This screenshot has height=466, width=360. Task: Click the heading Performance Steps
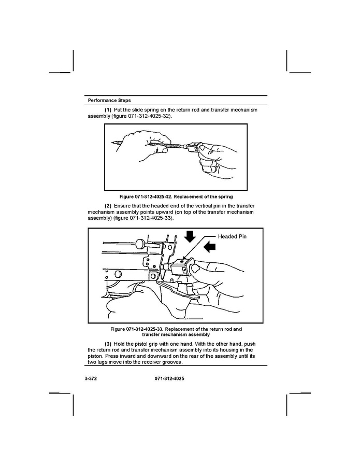click(x=109, y=100)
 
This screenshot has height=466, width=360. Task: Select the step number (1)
click(x=108, y=110)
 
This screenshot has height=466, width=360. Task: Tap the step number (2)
click(x=108, y=206)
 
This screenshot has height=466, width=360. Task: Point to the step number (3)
click(x=108, y=344)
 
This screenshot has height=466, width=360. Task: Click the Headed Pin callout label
click(x=233, y=236)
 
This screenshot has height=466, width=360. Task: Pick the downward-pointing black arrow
click(x=190, y=237)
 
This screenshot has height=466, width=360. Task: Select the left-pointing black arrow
click(x=209, y=248)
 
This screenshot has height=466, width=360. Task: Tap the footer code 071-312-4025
click(x=169, y=379)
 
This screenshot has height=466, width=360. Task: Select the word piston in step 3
click(x=96, y=357)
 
